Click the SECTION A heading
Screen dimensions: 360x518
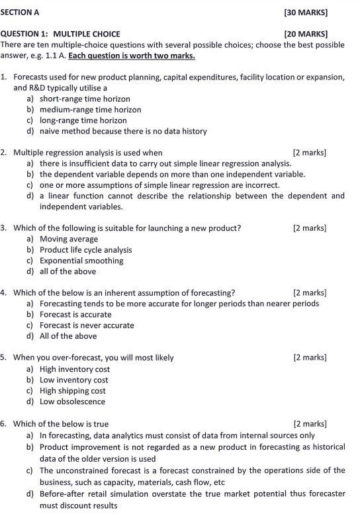tap(21, 12)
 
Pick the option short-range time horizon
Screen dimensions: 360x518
tap(85, 99)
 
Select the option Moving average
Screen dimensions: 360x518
tap(69, 239)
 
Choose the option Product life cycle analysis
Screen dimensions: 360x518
tap(85, 250)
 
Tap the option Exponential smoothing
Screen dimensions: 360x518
tap(81, 261)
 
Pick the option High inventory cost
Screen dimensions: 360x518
tap(75, 369)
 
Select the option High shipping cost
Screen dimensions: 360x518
tap(73, 390)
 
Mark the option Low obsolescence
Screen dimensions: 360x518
tap(72, 402)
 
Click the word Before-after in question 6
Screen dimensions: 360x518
tap(64, 493)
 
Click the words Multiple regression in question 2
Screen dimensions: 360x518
tap(48, 153)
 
